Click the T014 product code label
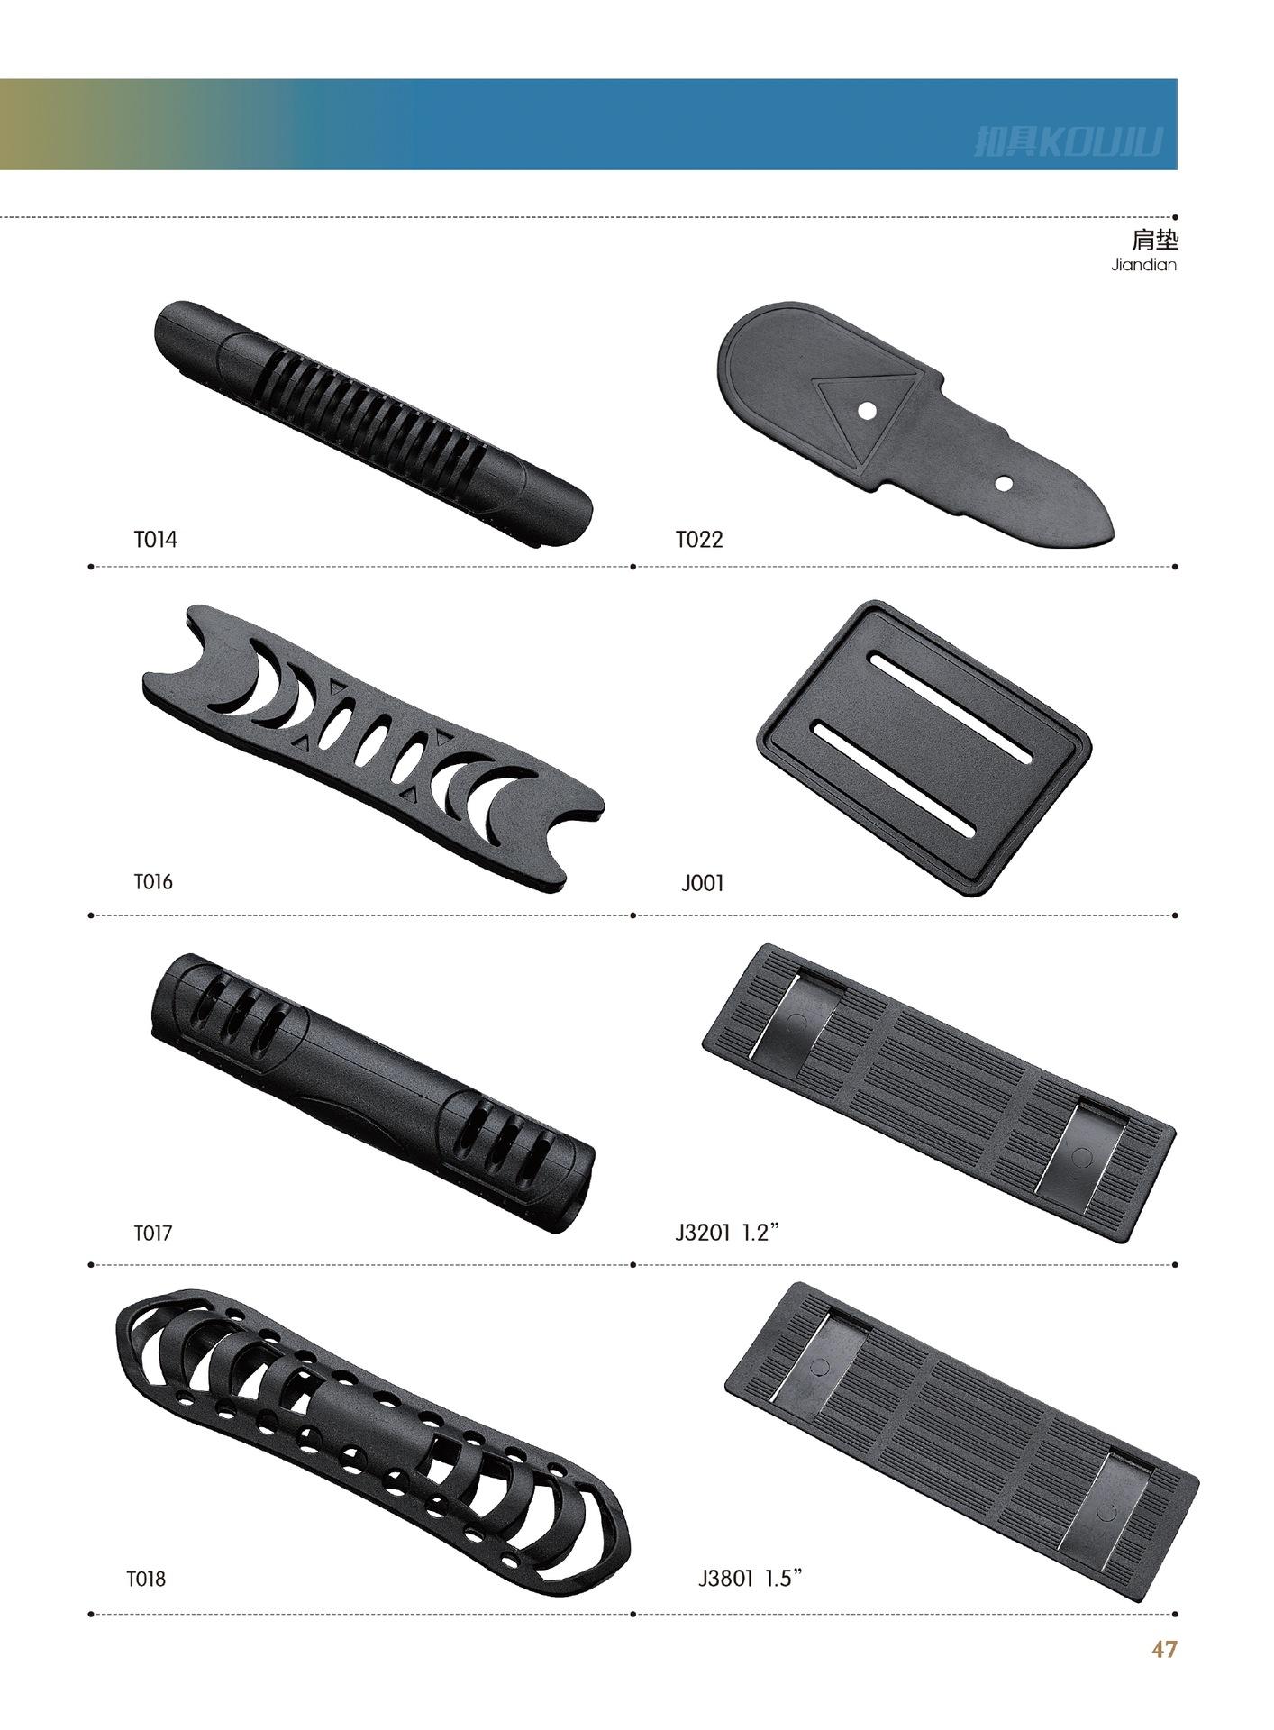[x=156, y=540]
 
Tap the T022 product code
[x=699, y=540]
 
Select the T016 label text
[x=153, y=881]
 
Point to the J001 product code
[x=703, y=883]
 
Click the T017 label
[x=153, y=1233]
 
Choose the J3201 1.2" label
[x=726, y=1232]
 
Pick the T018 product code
[x=146, y=1579]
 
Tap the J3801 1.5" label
[x=750, y=1578]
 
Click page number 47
[x=1164, y=1649]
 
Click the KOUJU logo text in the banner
[x=1069, y=141]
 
